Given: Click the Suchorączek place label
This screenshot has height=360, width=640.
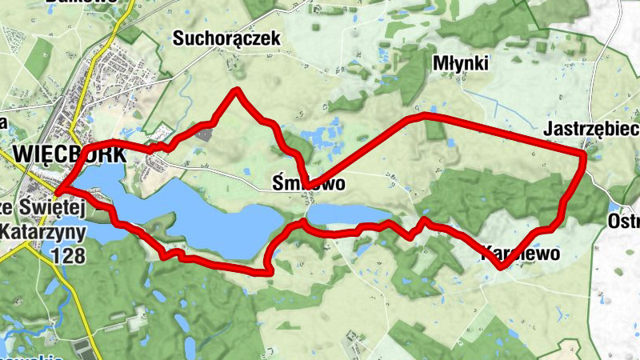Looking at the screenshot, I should point(227,38).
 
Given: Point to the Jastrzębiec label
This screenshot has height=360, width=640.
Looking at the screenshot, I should point(590,129).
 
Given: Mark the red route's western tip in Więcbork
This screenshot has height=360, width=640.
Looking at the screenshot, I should point(56,190).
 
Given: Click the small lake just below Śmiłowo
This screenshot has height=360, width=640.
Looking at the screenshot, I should point(344,214).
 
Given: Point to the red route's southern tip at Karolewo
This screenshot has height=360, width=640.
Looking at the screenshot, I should point(501,266).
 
